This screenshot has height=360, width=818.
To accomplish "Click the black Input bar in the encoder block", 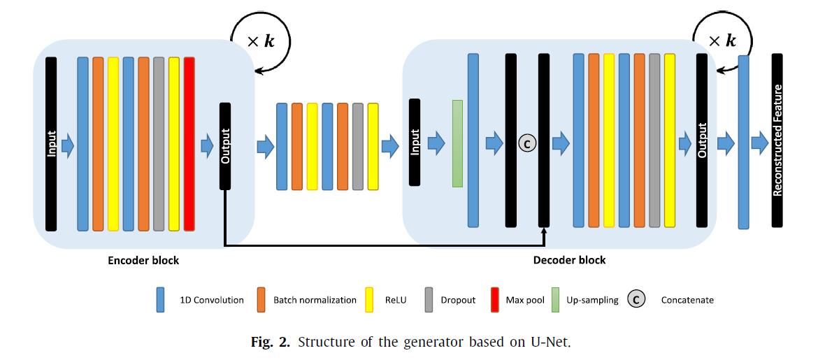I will tap(51, 143).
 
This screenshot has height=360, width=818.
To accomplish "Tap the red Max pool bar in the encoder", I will tap(189, 143).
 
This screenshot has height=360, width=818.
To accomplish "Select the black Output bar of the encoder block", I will tap(225, 145).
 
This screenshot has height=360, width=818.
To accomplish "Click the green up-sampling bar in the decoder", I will tap(457, 143).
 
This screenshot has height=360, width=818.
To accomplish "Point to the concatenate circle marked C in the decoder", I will tap(527, 143).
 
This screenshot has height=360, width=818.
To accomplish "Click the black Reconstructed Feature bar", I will tap(777, 140).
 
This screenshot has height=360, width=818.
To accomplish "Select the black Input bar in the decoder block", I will tap(415, 142).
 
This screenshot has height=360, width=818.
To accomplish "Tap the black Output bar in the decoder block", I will tap(702, 140).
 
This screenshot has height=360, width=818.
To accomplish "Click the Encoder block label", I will tap(143, 261).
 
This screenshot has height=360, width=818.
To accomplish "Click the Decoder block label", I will tap(570, 260).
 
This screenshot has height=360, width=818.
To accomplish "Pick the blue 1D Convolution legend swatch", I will tap(160, 300).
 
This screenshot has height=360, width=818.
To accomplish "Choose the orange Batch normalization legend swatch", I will tap(261, 300).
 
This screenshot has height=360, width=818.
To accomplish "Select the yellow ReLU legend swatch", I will tap(371, 300).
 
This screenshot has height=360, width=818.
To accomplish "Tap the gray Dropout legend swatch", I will tap(428, 300).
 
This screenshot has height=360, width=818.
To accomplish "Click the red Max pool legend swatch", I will tap(494, 300).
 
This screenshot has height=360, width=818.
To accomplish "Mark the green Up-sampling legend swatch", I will tap(556, 300).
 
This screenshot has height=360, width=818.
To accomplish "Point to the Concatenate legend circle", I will tap(636, 300).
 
